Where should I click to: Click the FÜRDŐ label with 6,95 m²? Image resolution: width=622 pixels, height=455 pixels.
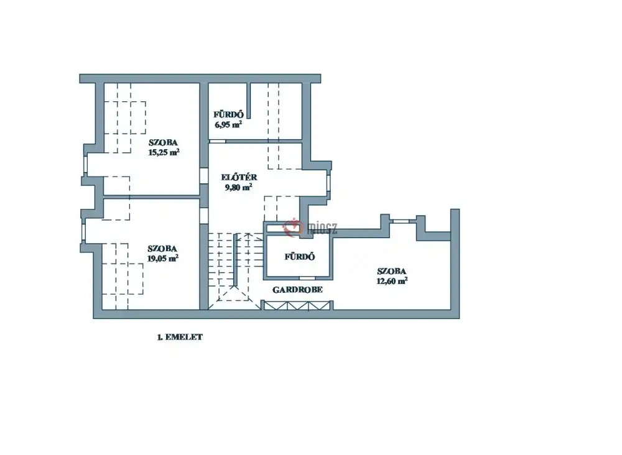[228, 114]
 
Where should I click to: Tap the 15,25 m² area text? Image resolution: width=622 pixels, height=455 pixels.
[164, 152]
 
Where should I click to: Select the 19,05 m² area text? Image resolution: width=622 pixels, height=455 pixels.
[163, 259]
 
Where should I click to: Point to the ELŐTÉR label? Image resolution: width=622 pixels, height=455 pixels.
[239, 177]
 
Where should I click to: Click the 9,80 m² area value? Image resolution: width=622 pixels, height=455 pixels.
[238, 188]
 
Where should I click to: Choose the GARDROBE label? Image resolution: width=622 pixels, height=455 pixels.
[297, 290]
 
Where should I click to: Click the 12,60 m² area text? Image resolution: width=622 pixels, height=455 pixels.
[392, 281]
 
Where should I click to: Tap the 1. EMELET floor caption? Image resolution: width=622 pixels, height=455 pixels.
[180, 337]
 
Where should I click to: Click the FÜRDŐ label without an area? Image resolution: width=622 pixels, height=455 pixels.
[300, 257]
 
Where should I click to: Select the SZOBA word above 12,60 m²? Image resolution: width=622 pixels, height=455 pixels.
[391, 272]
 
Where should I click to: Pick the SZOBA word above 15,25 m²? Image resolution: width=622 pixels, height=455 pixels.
[163, 142]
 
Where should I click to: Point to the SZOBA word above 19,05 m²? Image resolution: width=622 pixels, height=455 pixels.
[162, 249]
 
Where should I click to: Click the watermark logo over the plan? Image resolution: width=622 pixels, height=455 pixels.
[310, 227]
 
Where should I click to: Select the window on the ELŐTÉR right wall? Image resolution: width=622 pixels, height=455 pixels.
[328, 183]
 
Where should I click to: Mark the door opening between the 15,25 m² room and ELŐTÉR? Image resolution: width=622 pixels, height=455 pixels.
[204, 176]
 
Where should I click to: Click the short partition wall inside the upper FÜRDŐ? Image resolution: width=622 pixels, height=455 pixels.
[249, 101]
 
